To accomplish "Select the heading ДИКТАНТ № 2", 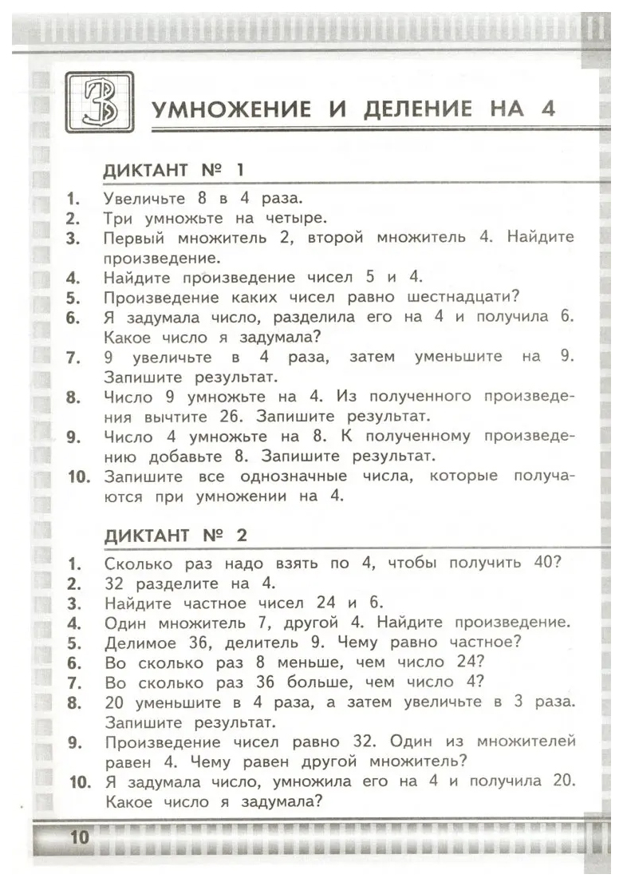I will (176, 536).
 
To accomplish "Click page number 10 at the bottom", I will (80, 837).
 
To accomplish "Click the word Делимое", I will (136, 642).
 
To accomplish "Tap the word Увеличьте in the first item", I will (144, 197).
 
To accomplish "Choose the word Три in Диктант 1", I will (117, 217).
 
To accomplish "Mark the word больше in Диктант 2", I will (321, 682).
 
